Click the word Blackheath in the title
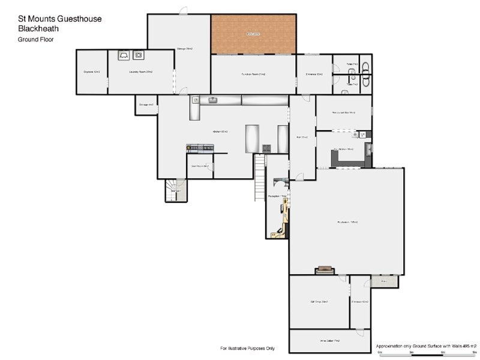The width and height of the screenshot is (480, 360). tap(38, 28)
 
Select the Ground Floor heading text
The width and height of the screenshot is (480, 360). tap(35, 39)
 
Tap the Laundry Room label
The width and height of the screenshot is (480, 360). tap(140, 71)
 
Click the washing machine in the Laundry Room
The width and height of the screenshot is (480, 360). tap(139, 55)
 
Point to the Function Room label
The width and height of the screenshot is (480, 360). tap(253, 74)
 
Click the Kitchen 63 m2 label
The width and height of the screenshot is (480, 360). tap(219, 131)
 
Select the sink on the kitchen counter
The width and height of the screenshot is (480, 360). tap(212, 100)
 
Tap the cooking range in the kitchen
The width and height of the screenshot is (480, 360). tap(200, 147)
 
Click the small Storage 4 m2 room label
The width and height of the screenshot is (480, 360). tap(146, 105)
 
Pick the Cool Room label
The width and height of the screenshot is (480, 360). tap(199, 166)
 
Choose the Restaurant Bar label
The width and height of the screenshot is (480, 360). tap(343, 113)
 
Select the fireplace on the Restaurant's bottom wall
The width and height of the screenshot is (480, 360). tap(325, 270)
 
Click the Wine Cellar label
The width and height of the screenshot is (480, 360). tap(329, 341)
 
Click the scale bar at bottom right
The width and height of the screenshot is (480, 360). tap(427, 352)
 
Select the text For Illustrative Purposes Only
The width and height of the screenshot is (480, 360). tap(248, 348)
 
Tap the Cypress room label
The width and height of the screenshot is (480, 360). tap(91, 72)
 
